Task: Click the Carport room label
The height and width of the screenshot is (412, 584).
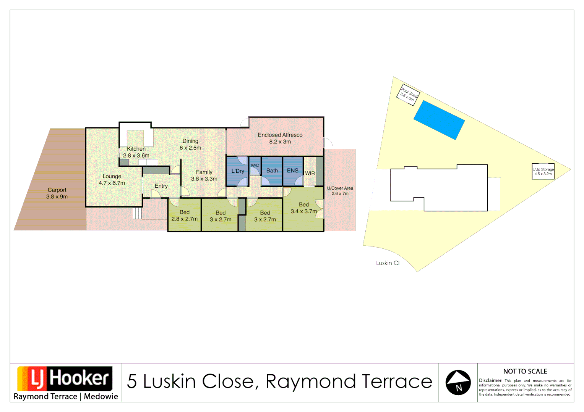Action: pos(57,193)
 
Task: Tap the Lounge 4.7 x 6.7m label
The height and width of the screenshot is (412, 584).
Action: pos(112,180)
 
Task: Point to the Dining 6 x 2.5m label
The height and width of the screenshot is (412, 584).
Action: pos(190,144)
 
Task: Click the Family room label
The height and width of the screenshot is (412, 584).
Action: pos(204,175)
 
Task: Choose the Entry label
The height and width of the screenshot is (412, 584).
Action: pos(161,186)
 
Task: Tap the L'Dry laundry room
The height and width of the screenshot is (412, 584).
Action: pos(237,171)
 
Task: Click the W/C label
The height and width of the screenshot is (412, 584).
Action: pos(255,165)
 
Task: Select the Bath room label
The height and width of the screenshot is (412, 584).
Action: pos(272,171)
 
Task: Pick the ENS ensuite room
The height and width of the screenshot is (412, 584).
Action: pos(293,171)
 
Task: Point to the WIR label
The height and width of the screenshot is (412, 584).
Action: pos(310,173)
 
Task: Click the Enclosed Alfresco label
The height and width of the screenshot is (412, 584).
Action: pos(280,138)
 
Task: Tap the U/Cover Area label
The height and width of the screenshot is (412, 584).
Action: pos(340,191)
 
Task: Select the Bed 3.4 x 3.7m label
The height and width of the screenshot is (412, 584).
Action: pos(304,208)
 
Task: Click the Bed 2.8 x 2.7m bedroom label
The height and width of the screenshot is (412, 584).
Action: pos(185,216)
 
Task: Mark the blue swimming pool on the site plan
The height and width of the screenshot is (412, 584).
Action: pos(439,120)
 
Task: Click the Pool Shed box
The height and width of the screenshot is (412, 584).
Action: pos(408,93)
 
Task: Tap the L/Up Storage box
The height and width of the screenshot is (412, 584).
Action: pos(543,171)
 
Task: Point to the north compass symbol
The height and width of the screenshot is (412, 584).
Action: pos(458,382)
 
